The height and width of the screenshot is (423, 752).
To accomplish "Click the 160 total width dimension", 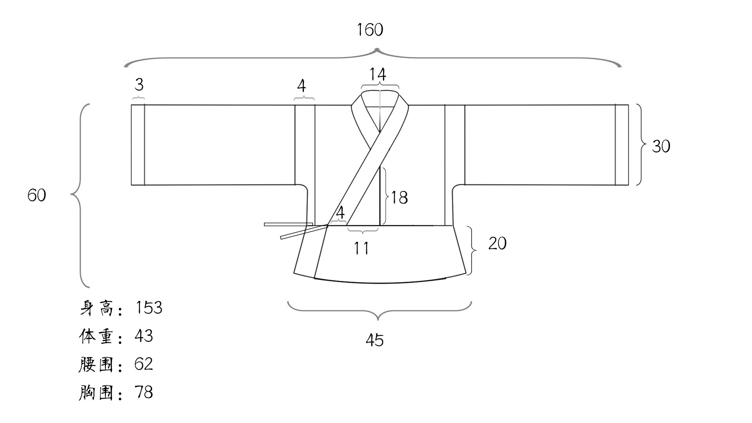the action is pos(370,30).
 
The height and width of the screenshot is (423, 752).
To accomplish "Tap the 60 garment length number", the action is pos(37,195).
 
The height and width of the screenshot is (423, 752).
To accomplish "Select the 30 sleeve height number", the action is pos(661,146).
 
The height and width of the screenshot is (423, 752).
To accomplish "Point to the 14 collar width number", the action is pos(378,74).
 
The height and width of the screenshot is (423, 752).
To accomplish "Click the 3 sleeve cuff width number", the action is pos(139,85).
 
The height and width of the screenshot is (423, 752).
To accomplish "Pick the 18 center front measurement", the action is pos(399,198).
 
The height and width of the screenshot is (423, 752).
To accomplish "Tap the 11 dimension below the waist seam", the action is pos(362,248).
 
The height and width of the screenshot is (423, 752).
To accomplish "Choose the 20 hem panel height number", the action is pos(497,243).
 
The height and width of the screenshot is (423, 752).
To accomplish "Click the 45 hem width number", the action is pos(375,340).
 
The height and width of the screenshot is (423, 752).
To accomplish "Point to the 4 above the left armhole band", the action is pos(302,86).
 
